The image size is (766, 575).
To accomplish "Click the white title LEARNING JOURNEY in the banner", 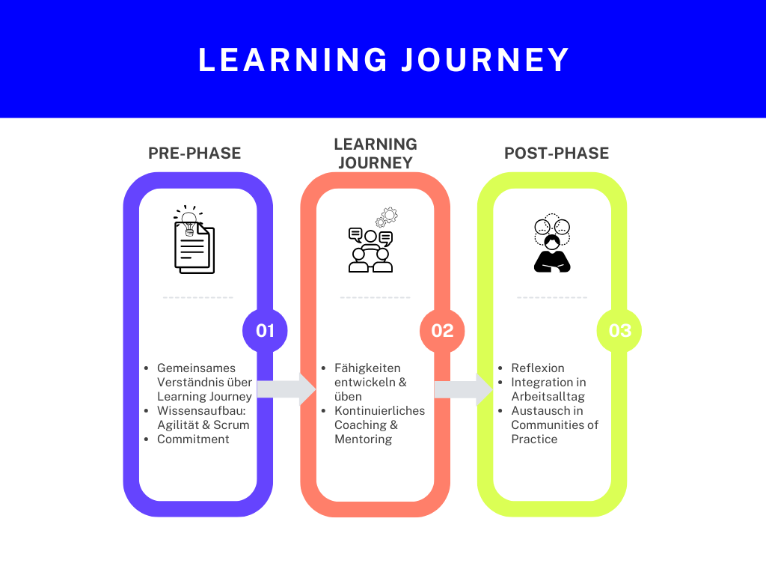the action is (384, 60).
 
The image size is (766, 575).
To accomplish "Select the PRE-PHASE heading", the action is (194, 153).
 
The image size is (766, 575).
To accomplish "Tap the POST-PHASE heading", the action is (557, 153).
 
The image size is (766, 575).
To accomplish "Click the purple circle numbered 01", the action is (265, 330).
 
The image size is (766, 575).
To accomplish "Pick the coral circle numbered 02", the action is (442, 330).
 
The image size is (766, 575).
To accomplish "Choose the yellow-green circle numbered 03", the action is (619, 330).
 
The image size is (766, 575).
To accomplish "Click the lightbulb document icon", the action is (194, 240).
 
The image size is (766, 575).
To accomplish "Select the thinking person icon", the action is (552, 243).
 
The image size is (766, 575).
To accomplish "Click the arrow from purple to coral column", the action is (287, 389).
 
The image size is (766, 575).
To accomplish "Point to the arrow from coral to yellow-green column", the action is (464, 389).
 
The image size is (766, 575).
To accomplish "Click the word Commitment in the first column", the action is (193, 439).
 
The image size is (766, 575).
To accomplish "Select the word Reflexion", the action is (537, 368).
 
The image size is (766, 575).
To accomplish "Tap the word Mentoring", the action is (363, 439).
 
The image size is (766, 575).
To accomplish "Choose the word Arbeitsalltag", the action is (548, 396).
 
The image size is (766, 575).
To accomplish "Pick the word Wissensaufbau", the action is (200, 411).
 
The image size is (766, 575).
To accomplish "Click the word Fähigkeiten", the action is (367, 368).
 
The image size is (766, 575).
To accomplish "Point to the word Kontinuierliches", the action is (379, 411).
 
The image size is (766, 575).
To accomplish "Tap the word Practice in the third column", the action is (534, 439).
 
